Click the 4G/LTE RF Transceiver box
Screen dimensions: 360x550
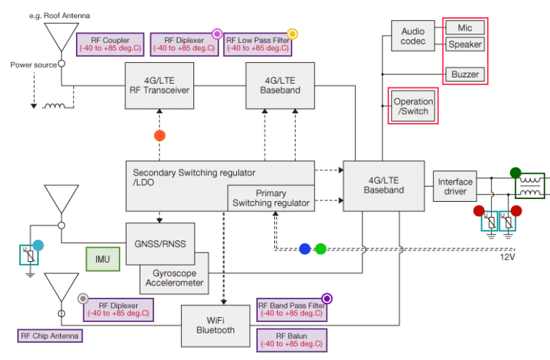tap(159, 86)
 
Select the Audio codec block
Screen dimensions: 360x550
tap(412, 37)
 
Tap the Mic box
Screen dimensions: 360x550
tap(464, 27)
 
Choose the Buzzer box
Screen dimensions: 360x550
tap(464, 74)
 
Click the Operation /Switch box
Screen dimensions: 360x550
tap(412, 107)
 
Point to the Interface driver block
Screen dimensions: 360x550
tap(455, 187)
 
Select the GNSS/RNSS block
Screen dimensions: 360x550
tap(160, 243)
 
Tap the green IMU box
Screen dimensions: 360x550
tap(102, 258)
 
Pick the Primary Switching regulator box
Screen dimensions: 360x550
tap(271, 198)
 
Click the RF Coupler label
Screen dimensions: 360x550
tap(110, 44)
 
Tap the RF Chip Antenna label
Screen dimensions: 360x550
tap(50, 336)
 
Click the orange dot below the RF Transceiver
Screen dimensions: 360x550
tap(160, 135)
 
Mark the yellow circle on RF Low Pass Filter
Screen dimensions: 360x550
tap(292, 33)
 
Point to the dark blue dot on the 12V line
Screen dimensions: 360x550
tap(305, 249)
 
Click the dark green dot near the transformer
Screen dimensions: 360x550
tap(515, 172)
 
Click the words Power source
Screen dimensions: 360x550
tap(33, 64)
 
